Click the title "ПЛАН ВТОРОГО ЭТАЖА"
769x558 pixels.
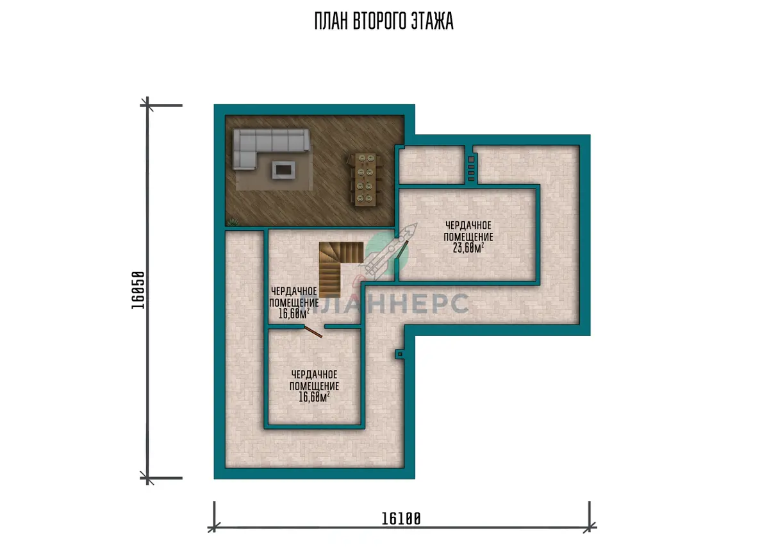(x=384, y=21)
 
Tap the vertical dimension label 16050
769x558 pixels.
(x=138, y=291)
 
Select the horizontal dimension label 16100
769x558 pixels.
(x=401, y=519)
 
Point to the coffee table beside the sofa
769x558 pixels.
(x=283, y=170)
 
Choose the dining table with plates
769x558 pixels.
(x=364, y=180)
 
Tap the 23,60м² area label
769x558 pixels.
(x=468, y=248)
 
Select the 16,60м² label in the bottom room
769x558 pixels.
(x=314, y=396)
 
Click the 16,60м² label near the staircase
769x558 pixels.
(x=294, y=314)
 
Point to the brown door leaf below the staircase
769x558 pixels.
(x=313, y=332)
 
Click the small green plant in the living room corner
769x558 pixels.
(x=233, y=223)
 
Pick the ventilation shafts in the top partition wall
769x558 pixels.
(x=471, y=169)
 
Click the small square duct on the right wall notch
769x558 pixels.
(x=400, y=354)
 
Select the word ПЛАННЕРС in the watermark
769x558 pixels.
(x=384, y=303)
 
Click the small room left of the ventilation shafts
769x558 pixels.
(x=432, y=165)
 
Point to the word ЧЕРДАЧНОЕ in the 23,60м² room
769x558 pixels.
(x=468, y=225)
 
